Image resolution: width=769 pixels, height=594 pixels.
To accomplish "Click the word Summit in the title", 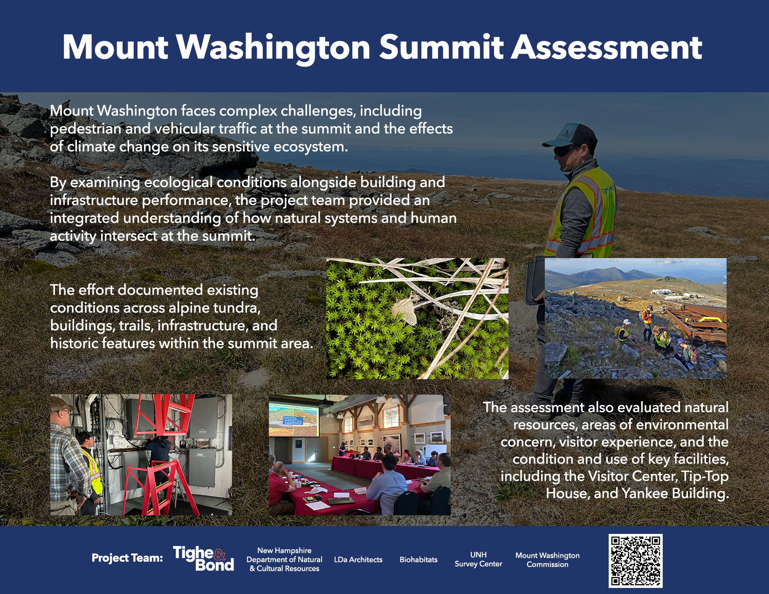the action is coord(441,48).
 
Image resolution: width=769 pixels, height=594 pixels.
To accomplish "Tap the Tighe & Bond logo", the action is coord(204,558).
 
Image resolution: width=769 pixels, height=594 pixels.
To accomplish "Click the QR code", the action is coord(636,561).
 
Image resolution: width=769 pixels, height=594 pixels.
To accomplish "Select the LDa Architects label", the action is coord(358,560).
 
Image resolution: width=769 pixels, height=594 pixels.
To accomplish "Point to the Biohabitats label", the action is coord(419,560).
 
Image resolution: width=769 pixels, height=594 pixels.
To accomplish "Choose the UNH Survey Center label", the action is coord(479,560).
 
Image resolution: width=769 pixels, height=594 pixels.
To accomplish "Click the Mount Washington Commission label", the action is coord(548,560).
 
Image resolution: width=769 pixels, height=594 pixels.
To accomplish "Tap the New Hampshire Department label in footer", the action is coord(284,560).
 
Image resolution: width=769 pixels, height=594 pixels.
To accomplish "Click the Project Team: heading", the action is coord(127,558).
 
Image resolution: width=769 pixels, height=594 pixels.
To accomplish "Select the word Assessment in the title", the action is coord(606,48).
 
